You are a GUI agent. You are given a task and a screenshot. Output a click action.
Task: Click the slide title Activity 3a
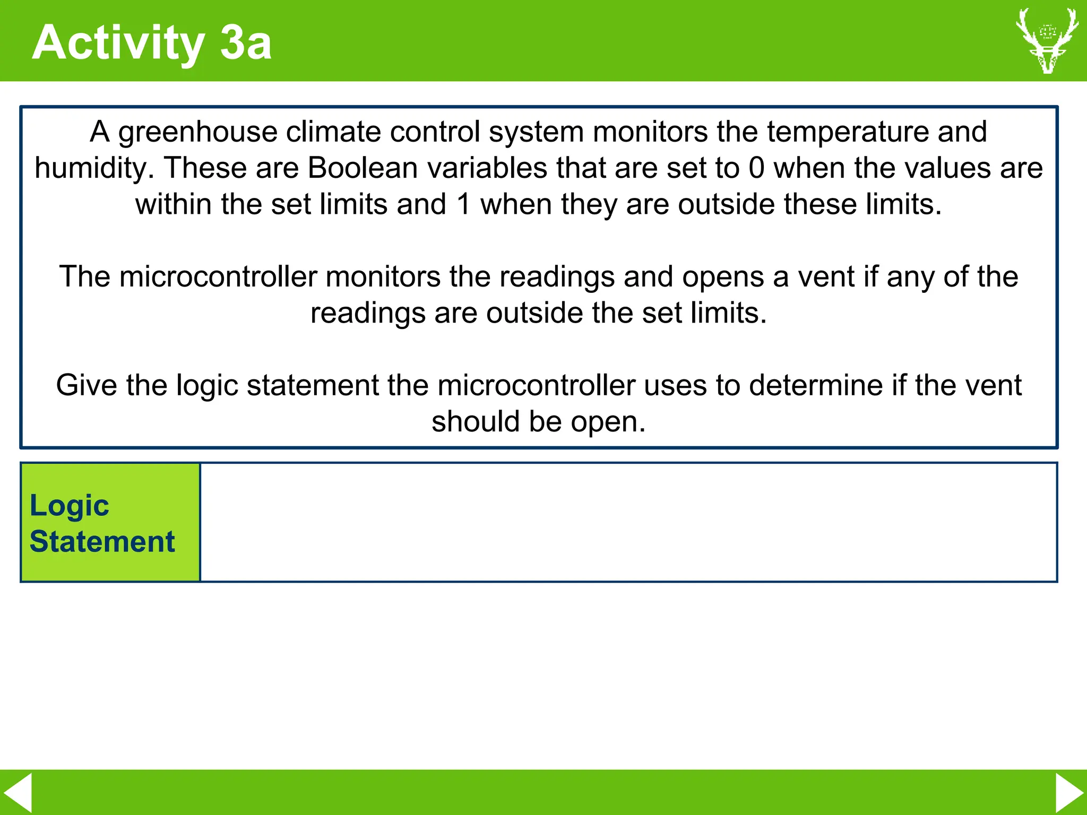[152, 42]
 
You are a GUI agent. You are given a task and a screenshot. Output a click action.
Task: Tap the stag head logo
[1047, 40]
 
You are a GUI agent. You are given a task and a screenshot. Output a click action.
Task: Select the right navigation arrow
[1069, 792]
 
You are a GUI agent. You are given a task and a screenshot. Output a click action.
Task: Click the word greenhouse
[197, 132]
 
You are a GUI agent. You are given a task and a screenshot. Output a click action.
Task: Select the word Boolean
[363, 168]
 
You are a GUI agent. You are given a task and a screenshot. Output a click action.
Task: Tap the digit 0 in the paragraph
[756, 168]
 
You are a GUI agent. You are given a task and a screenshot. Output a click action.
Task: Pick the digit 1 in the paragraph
[463, 204]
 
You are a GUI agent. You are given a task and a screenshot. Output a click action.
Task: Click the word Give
[87, 385]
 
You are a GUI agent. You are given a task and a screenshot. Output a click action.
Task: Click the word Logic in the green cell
[69, 506]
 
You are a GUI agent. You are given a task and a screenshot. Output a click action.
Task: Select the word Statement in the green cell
[102, 542]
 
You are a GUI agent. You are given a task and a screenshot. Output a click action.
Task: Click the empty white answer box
[628, 523]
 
